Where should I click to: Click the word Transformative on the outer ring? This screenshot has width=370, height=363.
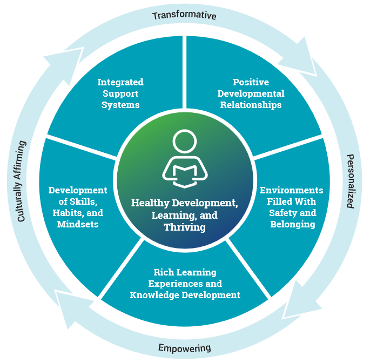pyautogui.click(x=184, y=15)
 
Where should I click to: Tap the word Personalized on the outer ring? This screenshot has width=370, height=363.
pyautogui.click(x=351, y=181)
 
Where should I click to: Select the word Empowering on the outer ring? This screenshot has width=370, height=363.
pyautogui.click(x=184, y=347)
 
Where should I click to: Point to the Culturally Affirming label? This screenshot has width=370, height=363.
pyautogui.click(x=21, y=181)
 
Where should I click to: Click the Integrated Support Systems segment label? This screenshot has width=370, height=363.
pyautogui.click(x=120, y=93)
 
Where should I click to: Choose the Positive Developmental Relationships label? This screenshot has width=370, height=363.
pyautogui.click(x=250, y=93)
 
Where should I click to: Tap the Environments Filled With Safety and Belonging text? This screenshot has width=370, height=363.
pyautogui.click(x=292, y=207)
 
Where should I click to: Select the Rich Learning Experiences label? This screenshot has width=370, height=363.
pyautogui.click(x=185, y=284)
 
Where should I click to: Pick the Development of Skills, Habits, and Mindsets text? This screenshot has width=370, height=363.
pyautogui.click(x=78, y=207)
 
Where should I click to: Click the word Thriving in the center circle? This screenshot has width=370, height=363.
pyautogui.click(x=185, y=227)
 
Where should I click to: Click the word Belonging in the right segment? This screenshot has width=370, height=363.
pyautogui.click(x=292, y=224)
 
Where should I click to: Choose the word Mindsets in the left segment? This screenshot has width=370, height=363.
pyautogui.click(x=78, y=224)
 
